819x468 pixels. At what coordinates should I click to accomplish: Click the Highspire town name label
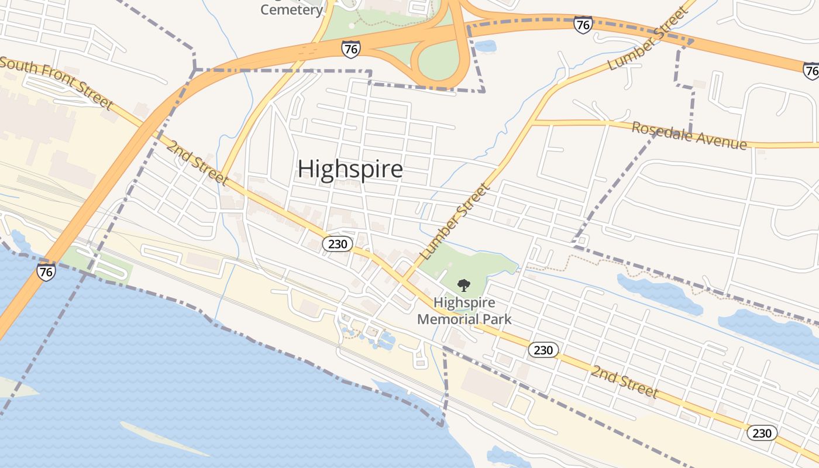pos(350,169)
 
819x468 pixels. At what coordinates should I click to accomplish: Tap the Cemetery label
pos(291,10)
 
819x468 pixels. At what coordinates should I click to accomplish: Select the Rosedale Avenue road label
pos(689,136)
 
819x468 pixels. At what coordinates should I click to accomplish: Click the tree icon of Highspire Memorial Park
pos(464,285)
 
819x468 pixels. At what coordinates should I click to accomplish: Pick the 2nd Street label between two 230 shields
pos(624,381)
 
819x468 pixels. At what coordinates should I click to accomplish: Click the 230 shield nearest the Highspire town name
pos(338,244)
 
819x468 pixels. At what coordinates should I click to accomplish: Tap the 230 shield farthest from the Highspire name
pos(762,433)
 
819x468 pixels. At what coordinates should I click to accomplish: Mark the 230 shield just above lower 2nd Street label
pos(543,350)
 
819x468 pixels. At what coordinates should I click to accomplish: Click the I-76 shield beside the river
pos(46,271)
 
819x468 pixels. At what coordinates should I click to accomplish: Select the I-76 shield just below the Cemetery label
pos(350,49)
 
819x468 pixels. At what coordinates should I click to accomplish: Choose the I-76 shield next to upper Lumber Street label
pos(583,25)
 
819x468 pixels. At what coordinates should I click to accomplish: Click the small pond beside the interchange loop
pos(486,46)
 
